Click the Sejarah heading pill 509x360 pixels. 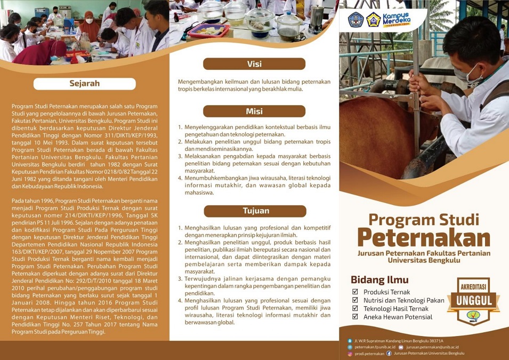[x=84, y=84]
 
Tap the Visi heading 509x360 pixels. [x=254, y=64]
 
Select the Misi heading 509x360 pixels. [x=254, y=111]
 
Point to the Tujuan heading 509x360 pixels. [x=256, y=211]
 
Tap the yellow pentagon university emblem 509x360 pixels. [x=373, y=20]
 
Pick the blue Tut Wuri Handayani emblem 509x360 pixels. [x=355, y=20]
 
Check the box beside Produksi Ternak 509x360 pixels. [x=355, y=292]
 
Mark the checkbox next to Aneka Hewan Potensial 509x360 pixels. [x=355, y=317]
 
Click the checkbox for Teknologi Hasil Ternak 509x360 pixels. [x=355, y=308]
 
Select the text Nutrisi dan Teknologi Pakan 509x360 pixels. [x=403, y=300]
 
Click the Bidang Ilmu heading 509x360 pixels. [x=379, y=280]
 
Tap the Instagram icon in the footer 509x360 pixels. [x=350, y=354]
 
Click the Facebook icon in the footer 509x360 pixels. [x=389, y=353]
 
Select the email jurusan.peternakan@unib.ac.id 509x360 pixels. [x=432, y=347]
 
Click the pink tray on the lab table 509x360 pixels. [x=208, y=30]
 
